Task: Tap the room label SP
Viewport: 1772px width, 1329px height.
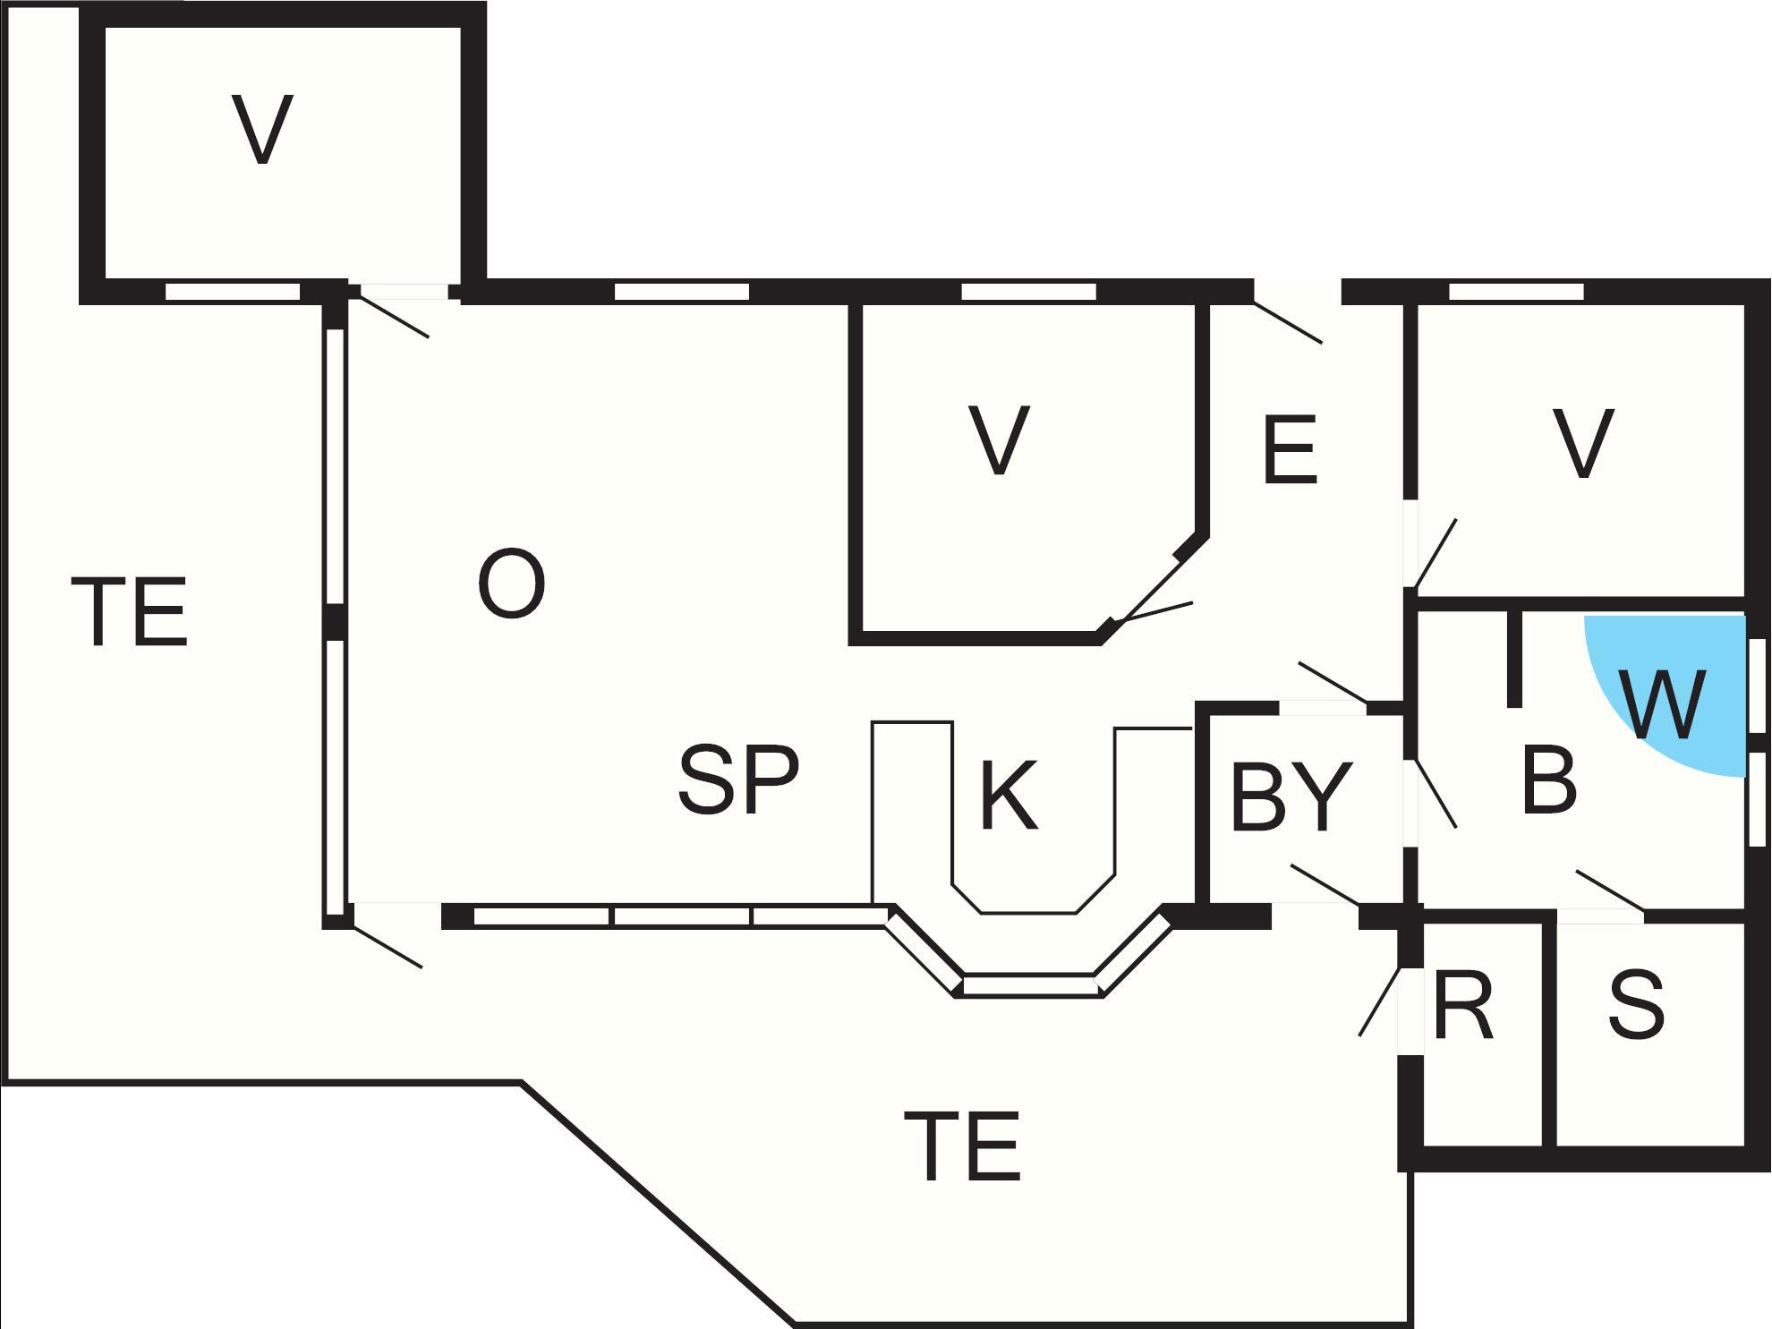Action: pyautogui.click(x=738, y=780)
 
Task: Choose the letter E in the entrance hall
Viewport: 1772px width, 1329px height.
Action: pyautogui.click(x=1290, y=449)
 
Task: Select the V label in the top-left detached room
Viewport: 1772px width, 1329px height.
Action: pyautogui.click(x=262, y=130)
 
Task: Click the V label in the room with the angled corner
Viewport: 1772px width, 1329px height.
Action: pyautogui.click(x=999, y=439)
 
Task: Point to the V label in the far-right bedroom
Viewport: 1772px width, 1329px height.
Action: pyautogui.click(x=1583, y=444)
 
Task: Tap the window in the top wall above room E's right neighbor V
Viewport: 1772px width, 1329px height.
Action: pyautogui.click(x=1516, y=292)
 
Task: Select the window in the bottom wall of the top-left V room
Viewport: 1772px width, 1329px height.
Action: pyautogui.click(x=233, y=292)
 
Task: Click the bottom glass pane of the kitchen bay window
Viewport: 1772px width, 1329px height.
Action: pyautogui.click(x=1029, y=985)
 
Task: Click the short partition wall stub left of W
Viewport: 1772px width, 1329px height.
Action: pyautogui.click(x=1514, y=659)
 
